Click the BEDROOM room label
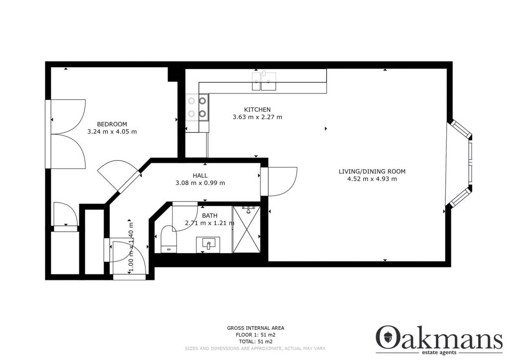pyautogui.click(x=112, y=124)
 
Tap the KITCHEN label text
pyautogui.click(x=257, y=110)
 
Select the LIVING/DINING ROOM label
pyautogui.click(x=372, y=172)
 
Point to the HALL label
pyautogui.click(x=200, y=176)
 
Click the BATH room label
pyautogui.click(x=209, y=216)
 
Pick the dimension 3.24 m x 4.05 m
pyautogui.click(x=112, y=132)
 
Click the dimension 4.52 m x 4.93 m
pyautogui.click(x=372, y=179)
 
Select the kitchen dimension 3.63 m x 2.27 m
pyautogui.click(x=257, y=117)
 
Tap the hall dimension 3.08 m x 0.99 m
pyautogui.click(x=201, y=183)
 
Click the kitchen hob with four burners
pyautogui.click(x=197, y=107)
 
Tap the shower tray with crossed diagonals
pyautogui.click(x=247, y=230)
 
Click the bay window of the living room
pyautogui.click(x=461, y=164)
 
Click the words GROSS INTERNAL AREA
pyautogui.click(x=255, y=328)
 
